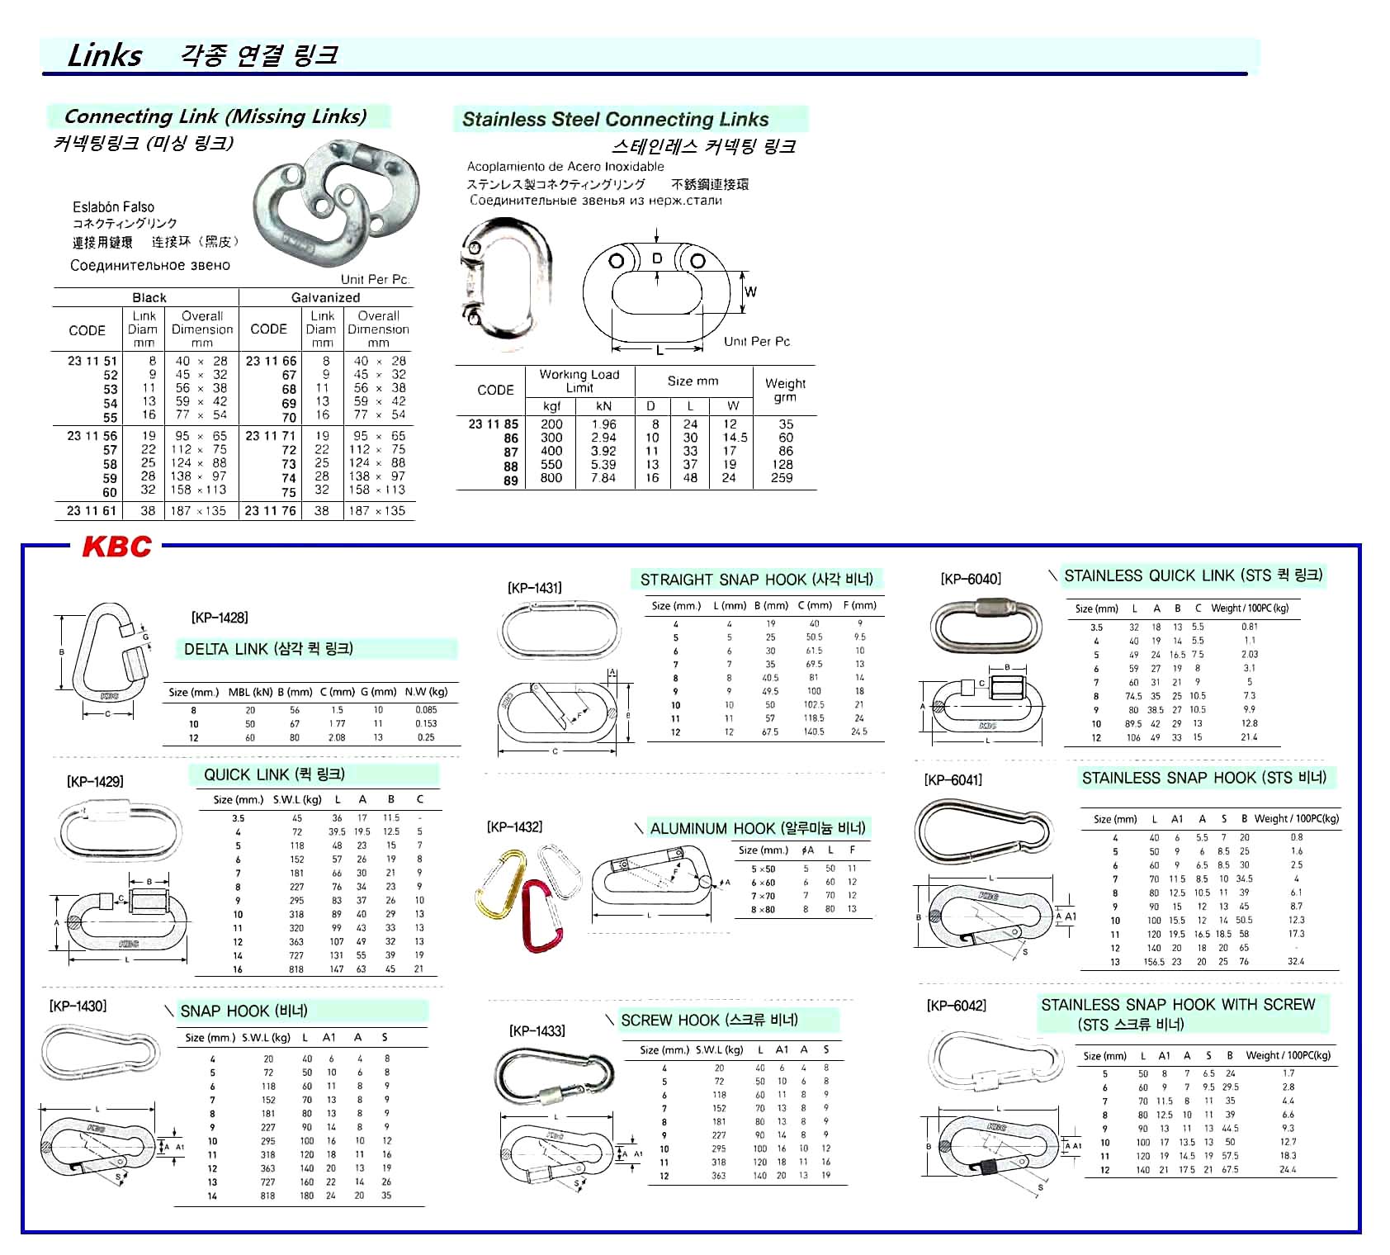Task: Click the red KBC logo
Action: pyautogui.click(x=116, y=547)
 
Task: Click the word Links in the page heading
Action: pyautogui.click(x=105, y=55)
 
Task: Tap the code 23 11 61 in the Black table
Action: pyautogui.click(x=92, y=511)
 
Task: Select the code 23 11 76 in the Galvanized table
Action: pyautogui.click(x=270, y=511)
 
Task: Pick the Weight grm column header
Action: pyautogui.click(x=785, y=390)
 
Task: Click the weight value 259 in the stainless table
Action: pyautogui.click(x=782, y=478)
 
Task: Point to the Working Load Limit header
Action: pyautogui.click(x=579, y=381)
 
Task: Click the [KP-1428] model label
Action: pyautogui.click(x=220, y=618)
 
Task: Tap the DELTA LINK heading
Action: pyautogui.click(x=268, y=649)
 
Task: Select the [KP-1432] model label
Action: pyautogui.click(x=514, y=826)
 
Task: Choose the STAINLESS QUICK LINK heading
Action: pyautogui.click(x=1193, y=575)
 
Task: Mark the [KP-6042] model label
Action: pyautogui.click(x=956, y=1005)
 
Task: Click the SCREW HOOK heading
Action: pyautogui.click(x=709, y=1021)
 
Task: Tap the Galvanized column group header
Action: pyautogui.click(x=325, y=297)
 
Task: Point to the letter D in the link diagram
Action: pyautogui.click(x=657, y=258)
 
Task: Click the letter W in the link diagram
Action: pyautogui.click(x=750, y=291)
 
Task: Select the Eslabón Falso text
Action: pyautogui.click(x=113, y=207)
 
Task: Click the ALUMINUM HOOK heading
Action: pyautogui.click(x=757, y=828)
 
